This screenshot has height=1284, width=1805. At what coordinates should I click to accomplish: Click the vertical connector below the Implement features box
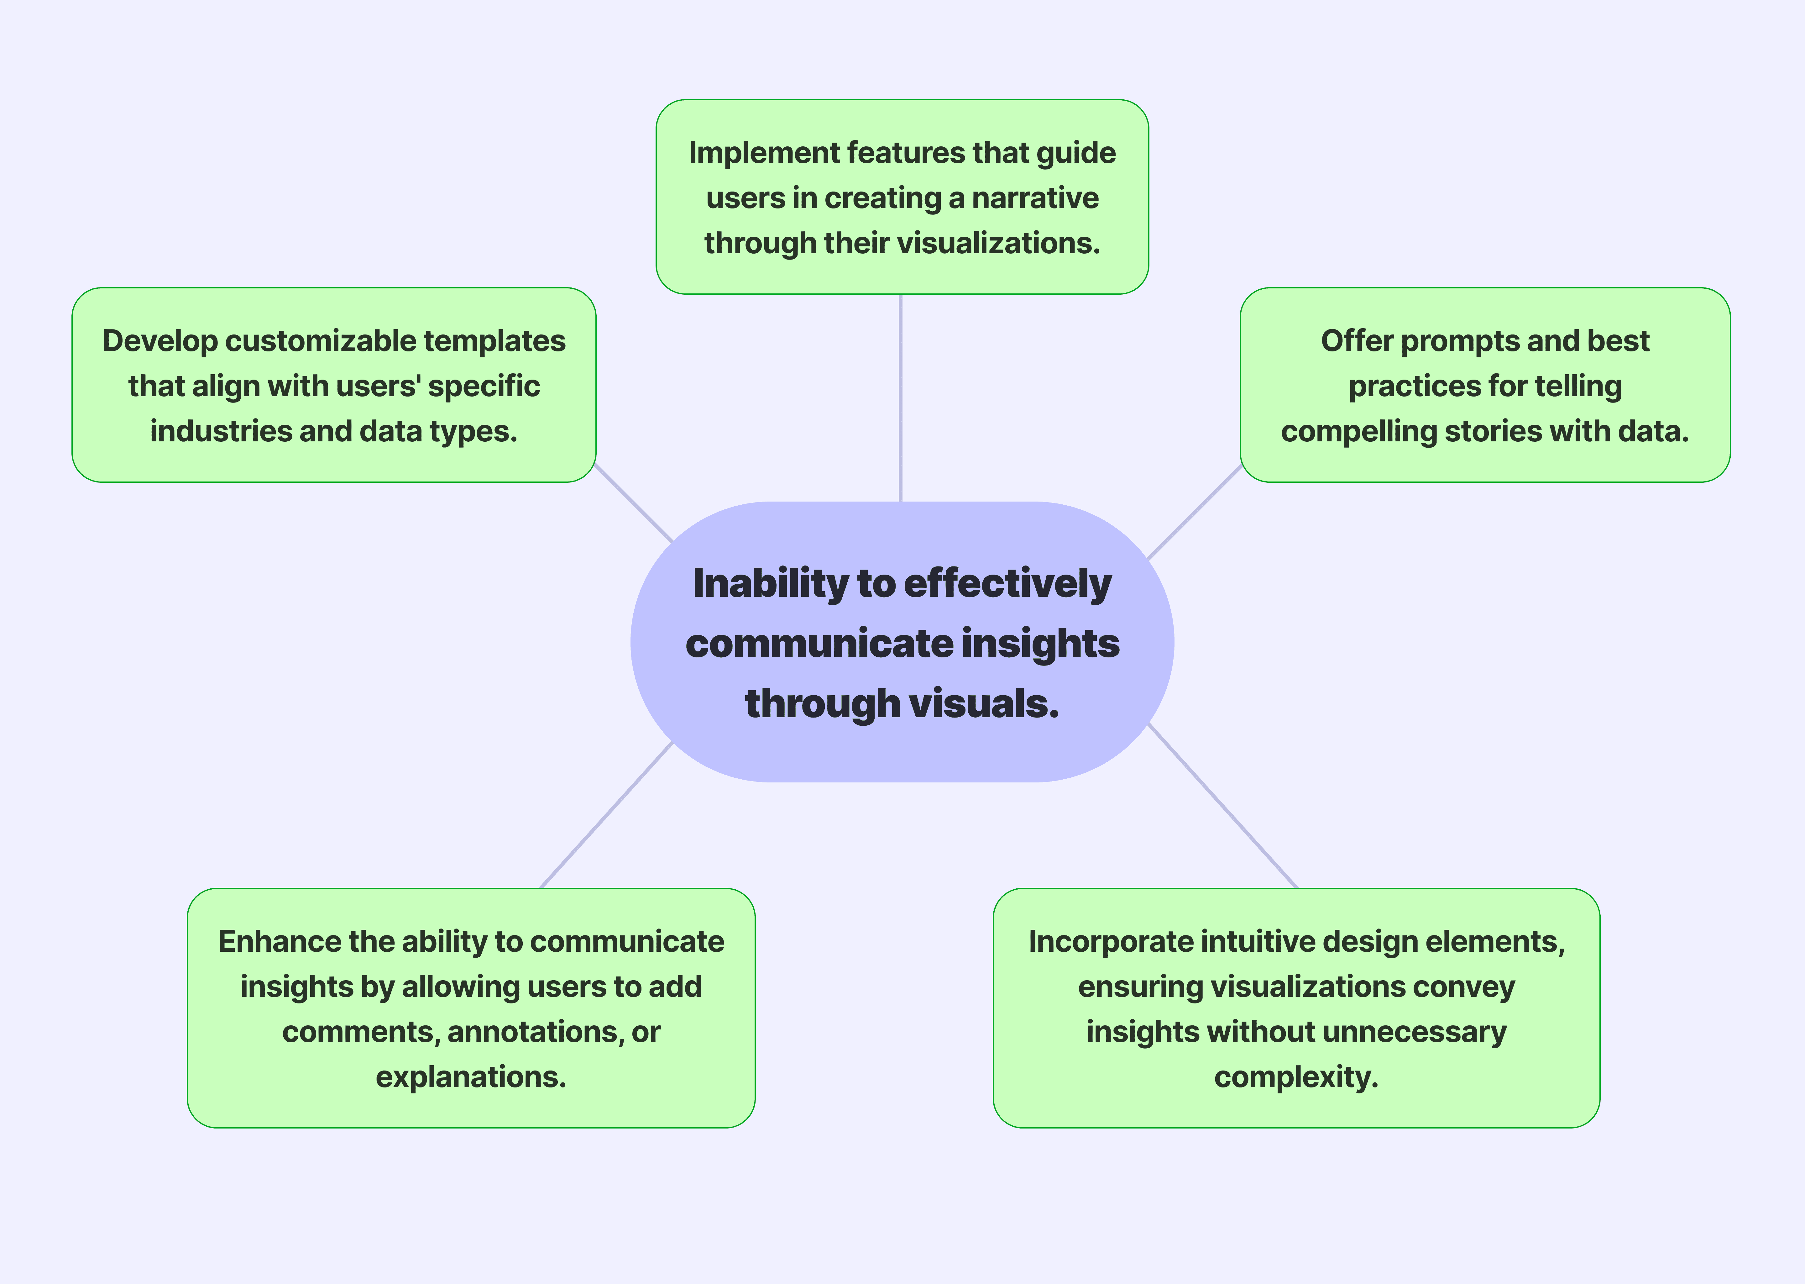(x=900, y=398)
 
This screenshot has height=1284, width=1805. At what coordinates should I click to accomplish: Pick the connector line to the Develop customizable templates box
(x=634, y=503)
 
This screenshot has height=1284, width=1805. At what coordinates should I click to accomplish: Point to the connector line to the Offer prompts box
(x=1193, y=513)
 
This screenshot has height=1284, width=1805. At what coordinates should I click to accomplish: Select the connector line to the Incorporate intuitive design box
(x=1222, y=806)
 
